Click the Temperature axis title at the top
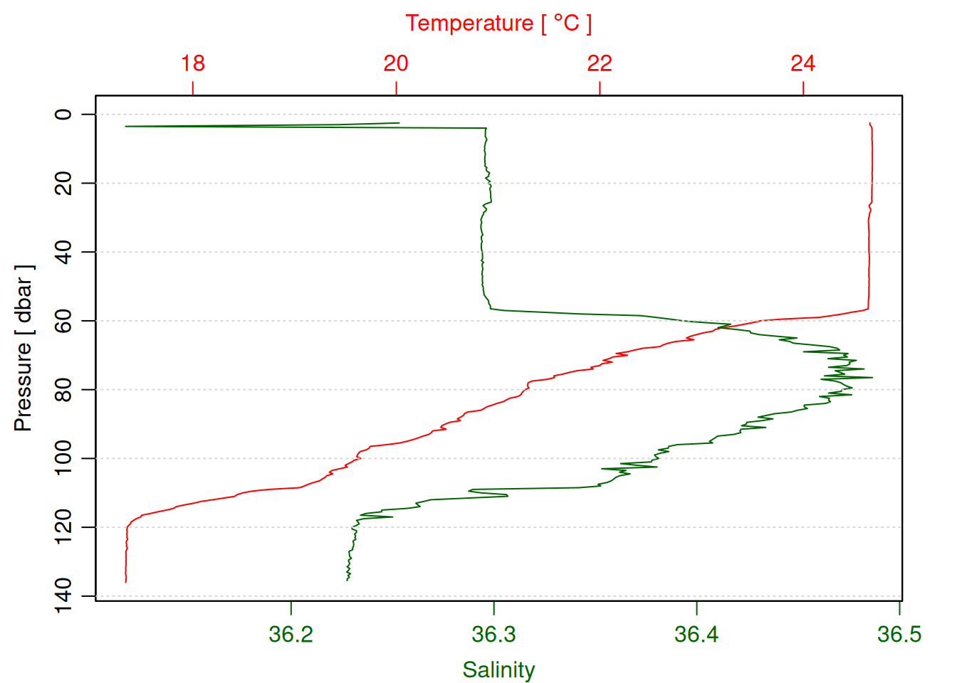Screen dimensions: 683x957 pos(498,23)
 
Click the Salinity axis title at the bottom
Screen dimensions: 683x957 pos(498,669)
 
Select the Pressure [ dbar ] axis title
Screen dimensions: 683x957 pos(23,348)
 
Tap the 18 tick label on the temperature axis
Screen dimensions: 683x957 pos(192,63)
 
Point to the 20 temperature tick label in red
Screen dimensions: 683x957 pos(396,63)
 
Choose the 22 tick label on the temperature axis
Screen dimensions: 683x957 pos(600,63)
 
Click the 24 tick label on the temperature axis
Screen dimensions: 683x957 pos(802,63)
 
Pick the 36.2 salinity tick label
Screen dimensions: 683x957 pos(291,634)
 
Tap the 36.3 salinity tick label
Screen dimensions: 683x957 pos(493,634)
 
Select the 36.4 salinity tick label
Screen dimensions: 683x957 pos(696,634)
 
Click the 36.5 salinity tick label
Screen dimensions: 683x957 pos(899,634)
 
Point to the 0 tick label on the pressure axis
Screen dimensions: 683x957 pos(64,115)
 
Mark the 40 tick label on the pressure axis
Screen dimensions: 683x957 pos(64,252)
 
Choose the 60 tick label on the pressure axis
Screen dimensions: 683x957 pos(64,321)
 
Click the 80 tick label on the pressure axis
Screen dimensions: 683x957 pos(64,390)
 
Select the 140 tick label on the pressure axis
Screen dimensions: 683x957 pos(64,595)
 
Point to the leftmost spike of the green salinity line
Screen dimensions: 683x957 pos(125,126)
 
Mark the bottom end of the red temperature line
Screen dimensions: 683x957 pos(126,582)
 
